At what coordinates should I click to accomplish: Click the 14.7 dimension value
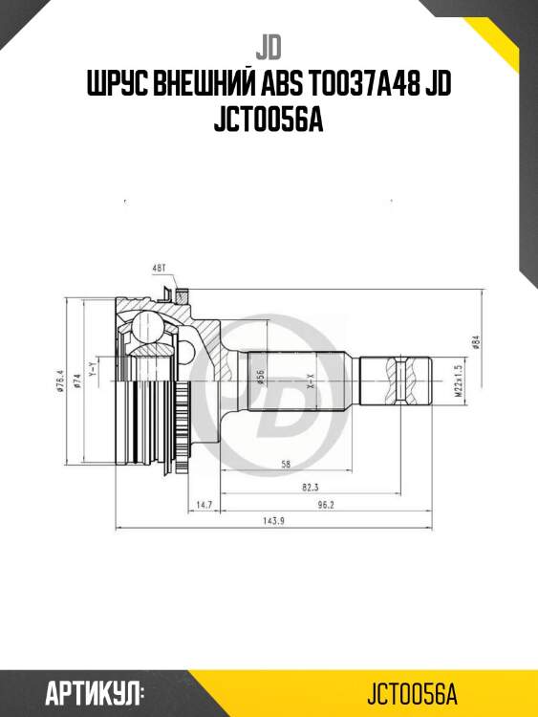pos(203,505)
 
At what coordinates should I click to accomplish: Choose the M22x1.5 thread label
pos(459,380)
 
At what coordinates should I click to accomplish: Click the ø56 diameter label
pos(260,378)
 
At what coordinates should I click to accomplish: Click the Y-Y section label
pos(93,368)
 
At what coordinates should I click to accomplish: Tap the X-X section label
pos(311,382)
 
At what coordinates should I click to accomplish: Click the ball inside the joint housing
pos(148,330)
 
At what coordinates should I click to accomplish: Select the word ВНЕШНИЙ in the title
pos(207,87)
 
